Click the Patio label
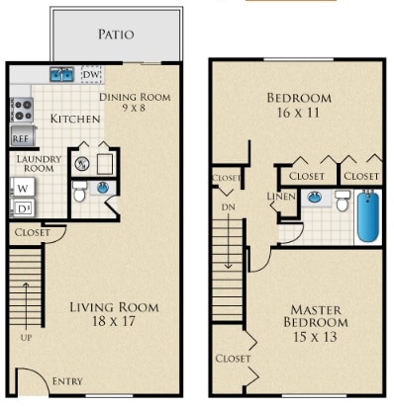click(x=116, y=34)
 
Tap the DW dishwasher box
click(x=91, y=74)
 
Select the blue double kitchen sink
click(x=61, y=73)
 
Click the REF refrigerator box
click(x=20, y=137)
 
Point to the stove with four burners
click(x=21, y=110)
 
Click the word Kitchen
click(x=75, y=119)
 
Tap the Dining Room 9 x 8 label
click(x=135, y=103)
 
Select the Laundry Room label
click(x=38, y=163)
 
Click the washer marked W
click(x=21, y=188)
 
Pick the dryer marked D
click(x=21, y=207)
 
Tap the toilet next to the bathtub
click(x=342, y=201)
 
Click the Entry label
click(x=68, y=381)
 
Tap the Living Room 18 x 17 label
click(x=113, y=313)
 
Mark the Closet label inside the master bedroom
click(x=233, y=358)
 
